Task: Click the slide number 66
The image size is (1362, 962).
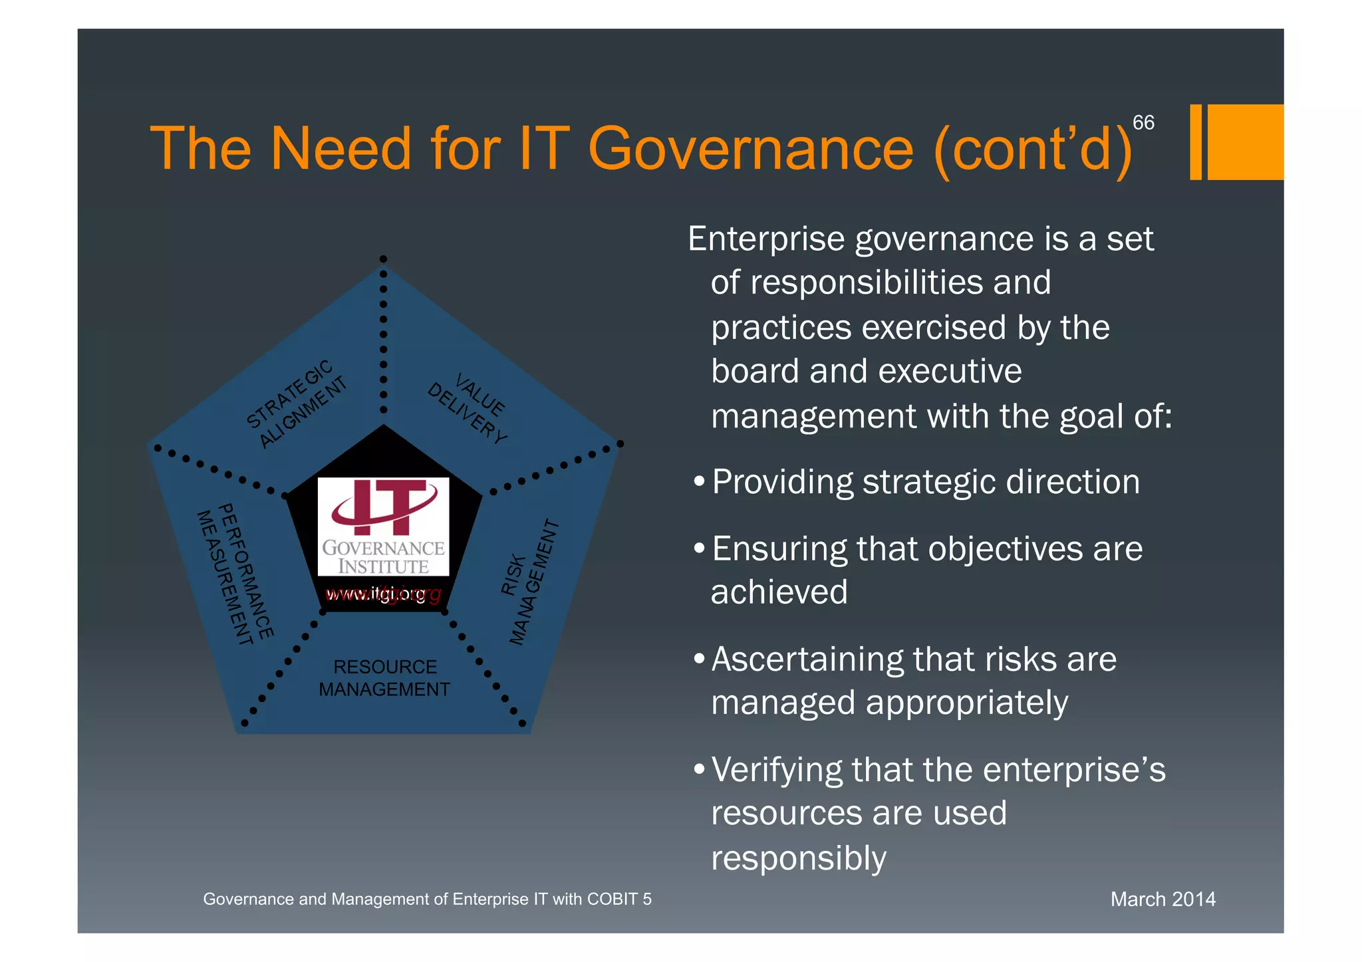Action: click(x=1143, y=123)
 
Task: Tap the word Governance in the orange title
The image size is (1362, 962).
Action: click(x=751, y=149)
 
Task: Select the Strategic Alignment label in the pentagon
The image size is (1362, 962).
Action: click(x=296, y=404)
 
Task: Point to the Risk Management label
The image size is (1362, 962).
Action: click(x=529, y=582)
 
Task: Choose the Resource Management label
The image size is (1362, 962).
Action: click(x=384, y=678)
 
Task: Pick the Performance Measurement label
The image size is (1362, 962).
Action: click(x=235, y=574)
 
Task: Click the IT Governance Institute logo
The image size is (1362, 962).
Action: click(x=383, y=527)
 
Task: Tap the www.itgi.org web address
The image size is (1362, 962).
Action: click(x=383, y=594)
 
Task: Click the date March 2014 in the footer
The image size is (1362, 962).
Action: click(x=1162, y=900)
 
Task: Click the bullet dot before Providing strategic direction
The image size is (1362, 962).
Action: click(x=698, y=481)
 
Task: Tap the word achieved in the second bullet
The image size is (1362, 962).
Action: click(x=779, y=592)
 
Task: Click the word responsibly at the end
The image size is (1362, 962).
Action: click(x=799, y=858)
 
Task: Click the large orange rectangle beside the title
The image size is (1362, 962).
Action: click(x=1245, y=142)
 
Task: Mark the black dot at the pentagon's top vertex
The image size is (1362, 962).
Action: click(x=383, y=259)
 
